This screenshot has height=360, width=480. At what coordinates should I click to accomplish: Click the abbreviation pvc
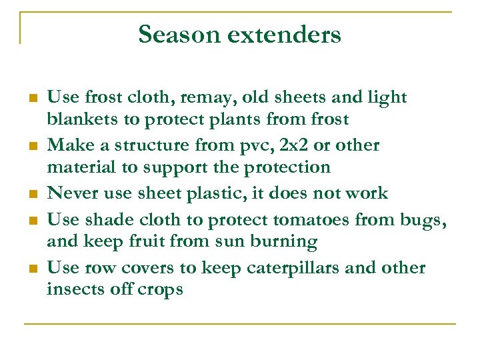tap(272, 145)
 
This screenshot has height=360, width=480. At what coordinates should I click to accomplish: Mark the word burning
tap(282, 242)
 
